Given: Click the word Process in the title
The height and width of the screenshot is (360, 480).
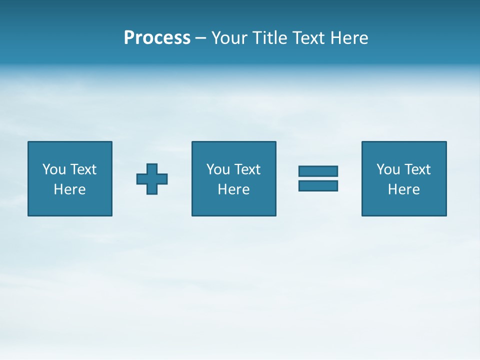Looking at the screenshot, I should [x=157, y=38].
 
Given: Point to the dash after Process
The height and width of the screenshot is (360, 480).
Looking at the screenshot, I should [x=200, y=38].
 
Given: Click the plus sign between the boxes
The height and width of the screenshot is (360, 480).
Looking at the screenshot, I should [x=152, y=179].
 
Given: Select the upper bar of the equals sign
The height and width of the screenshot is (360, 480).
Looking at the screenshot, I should [x=318, y=171].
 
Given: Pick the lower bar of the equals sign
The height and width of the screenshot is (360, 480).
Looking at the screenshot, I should [x=318, y=186].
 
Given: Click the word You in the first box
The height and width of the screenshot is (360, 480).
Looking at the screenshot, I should [x=54, y=169].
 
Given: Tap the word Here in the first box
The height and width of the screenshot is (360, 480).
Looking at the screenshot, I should [x=69, y=189].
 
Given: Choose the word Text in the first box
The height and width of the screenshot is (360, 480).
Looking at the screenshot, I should [x=82, y=169].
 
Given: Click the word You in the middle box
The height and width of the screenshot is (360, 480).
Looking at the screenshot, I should [x=218, y=169].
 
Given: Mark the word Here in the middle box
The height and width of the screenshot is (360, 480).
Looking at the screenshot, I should [x=233, y=189].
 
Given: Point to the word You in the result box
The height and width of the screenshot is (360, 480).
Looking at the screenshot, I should [x=388, y=169].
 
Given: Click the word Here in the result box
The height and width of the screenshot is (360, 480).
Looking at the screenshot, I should [x=403, y=189].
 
